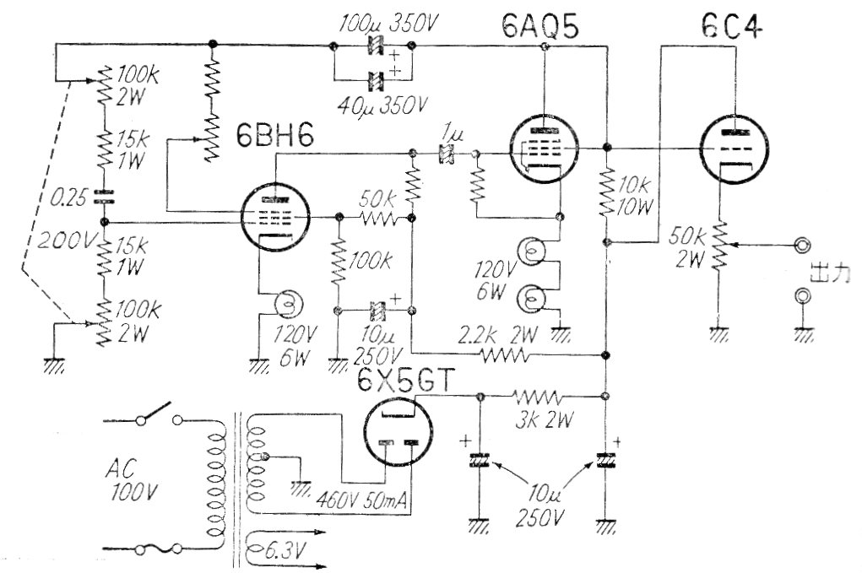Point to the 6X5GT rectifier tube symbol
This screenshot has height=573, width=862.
point(397,428)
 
